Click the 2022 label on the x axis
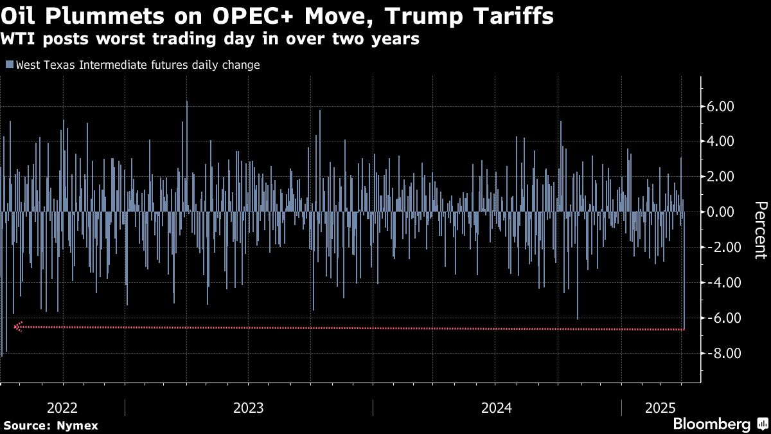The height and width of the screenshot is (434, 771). click(x=62, y=408)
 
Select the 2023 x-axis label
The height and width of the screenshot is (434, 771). click(x=248, y=408)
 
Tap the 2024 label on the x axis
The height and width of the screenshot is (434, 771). click(x=497, y=408)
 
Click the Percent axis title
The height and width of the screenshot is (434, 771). click(x=760, y=230)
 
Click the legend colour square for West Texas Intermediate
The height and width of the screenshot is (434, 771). click(x=9, y=65)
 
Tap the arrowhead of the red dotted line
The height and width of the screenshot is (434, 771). click(x=18, y=327)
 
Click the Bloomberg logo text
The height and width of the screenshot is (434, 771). click(x=711, y=424)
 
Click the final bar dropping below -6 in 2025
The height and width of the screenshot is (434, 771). click(x=684, y=270)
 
